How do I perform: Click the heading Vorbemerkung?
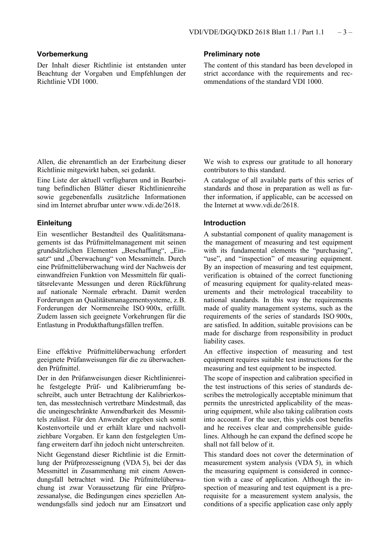point(62,54)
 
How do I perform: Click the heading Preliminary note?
point(232,54)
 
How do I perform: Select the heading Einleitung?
point(54,223)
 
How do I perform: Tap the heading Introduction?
point(225,223)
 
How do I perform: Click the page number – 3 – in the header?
point(345,32)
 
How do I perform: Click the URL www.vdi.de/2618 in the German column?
point(153,205)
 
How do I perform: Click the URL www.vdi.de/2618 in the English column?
point(271,205)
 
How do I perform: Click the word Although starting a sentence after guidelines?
point(237,436)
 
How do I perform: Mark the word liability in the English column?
point(215,341)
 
